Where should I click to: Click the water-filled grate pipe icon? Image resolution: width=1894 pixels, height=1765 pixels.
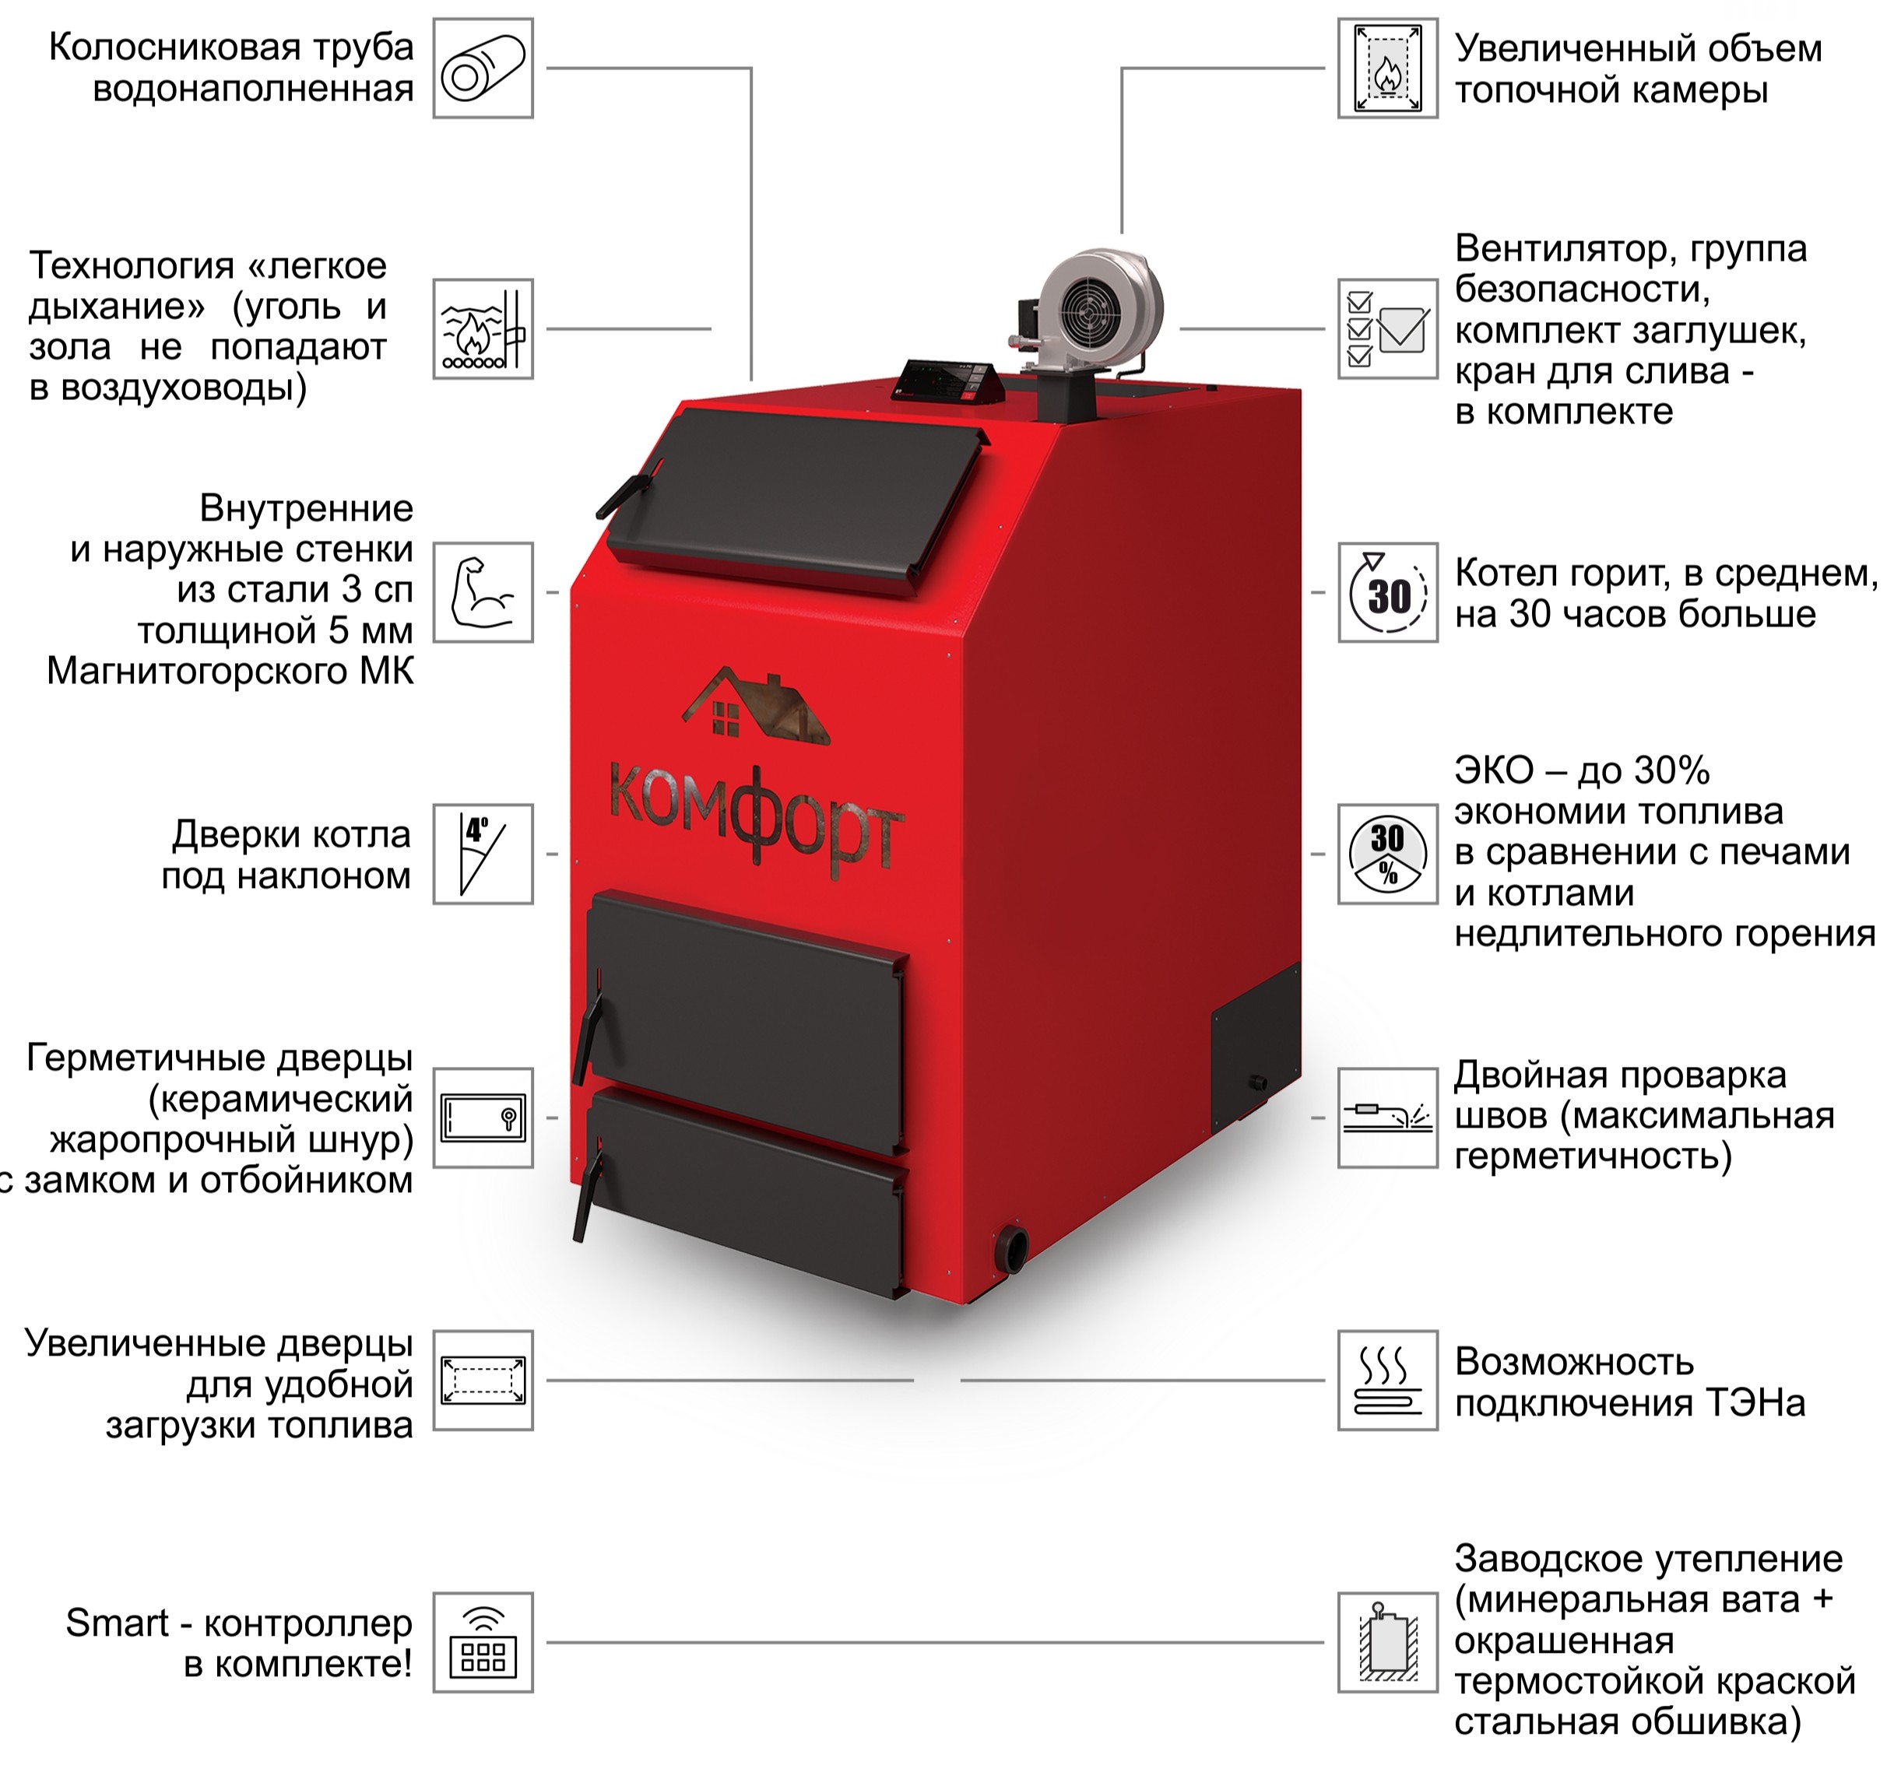pos(483,68)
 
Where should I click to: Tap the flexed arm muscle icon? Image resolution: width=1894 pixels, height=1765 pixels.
pos(483,592)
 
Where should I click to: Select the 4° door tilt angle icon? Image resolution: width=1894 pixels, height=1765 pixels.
pos(483,854)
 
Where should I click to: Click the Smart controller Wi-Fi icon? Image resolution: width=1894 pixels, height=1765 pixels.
pos(483,1643)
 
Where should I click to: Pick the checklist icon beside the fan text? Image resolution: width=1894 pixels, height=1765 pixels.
pos(1387,328)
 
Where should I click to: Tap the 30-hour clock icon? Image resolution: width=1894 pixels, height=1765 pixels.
pos(1387,592)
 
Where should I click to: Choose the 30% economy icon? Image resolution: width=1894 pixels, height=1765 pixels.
pos(1387,854)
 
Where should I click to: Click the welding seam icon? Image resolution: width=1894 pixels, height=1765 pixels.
pos(1387,1118)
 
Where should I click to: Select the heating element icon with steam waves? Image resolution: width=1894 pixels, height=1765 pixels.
pos(1387,1381)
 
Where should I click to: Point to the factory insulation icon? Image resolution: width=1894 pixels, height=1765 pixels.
pos(1387,1643)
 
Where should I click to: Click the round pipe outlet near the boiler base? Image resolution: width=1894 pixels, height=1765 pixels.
pos(1013,1247)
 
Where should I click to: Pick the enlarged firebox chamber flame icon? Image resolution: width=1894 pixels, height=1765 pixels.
pos(1387,68)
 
